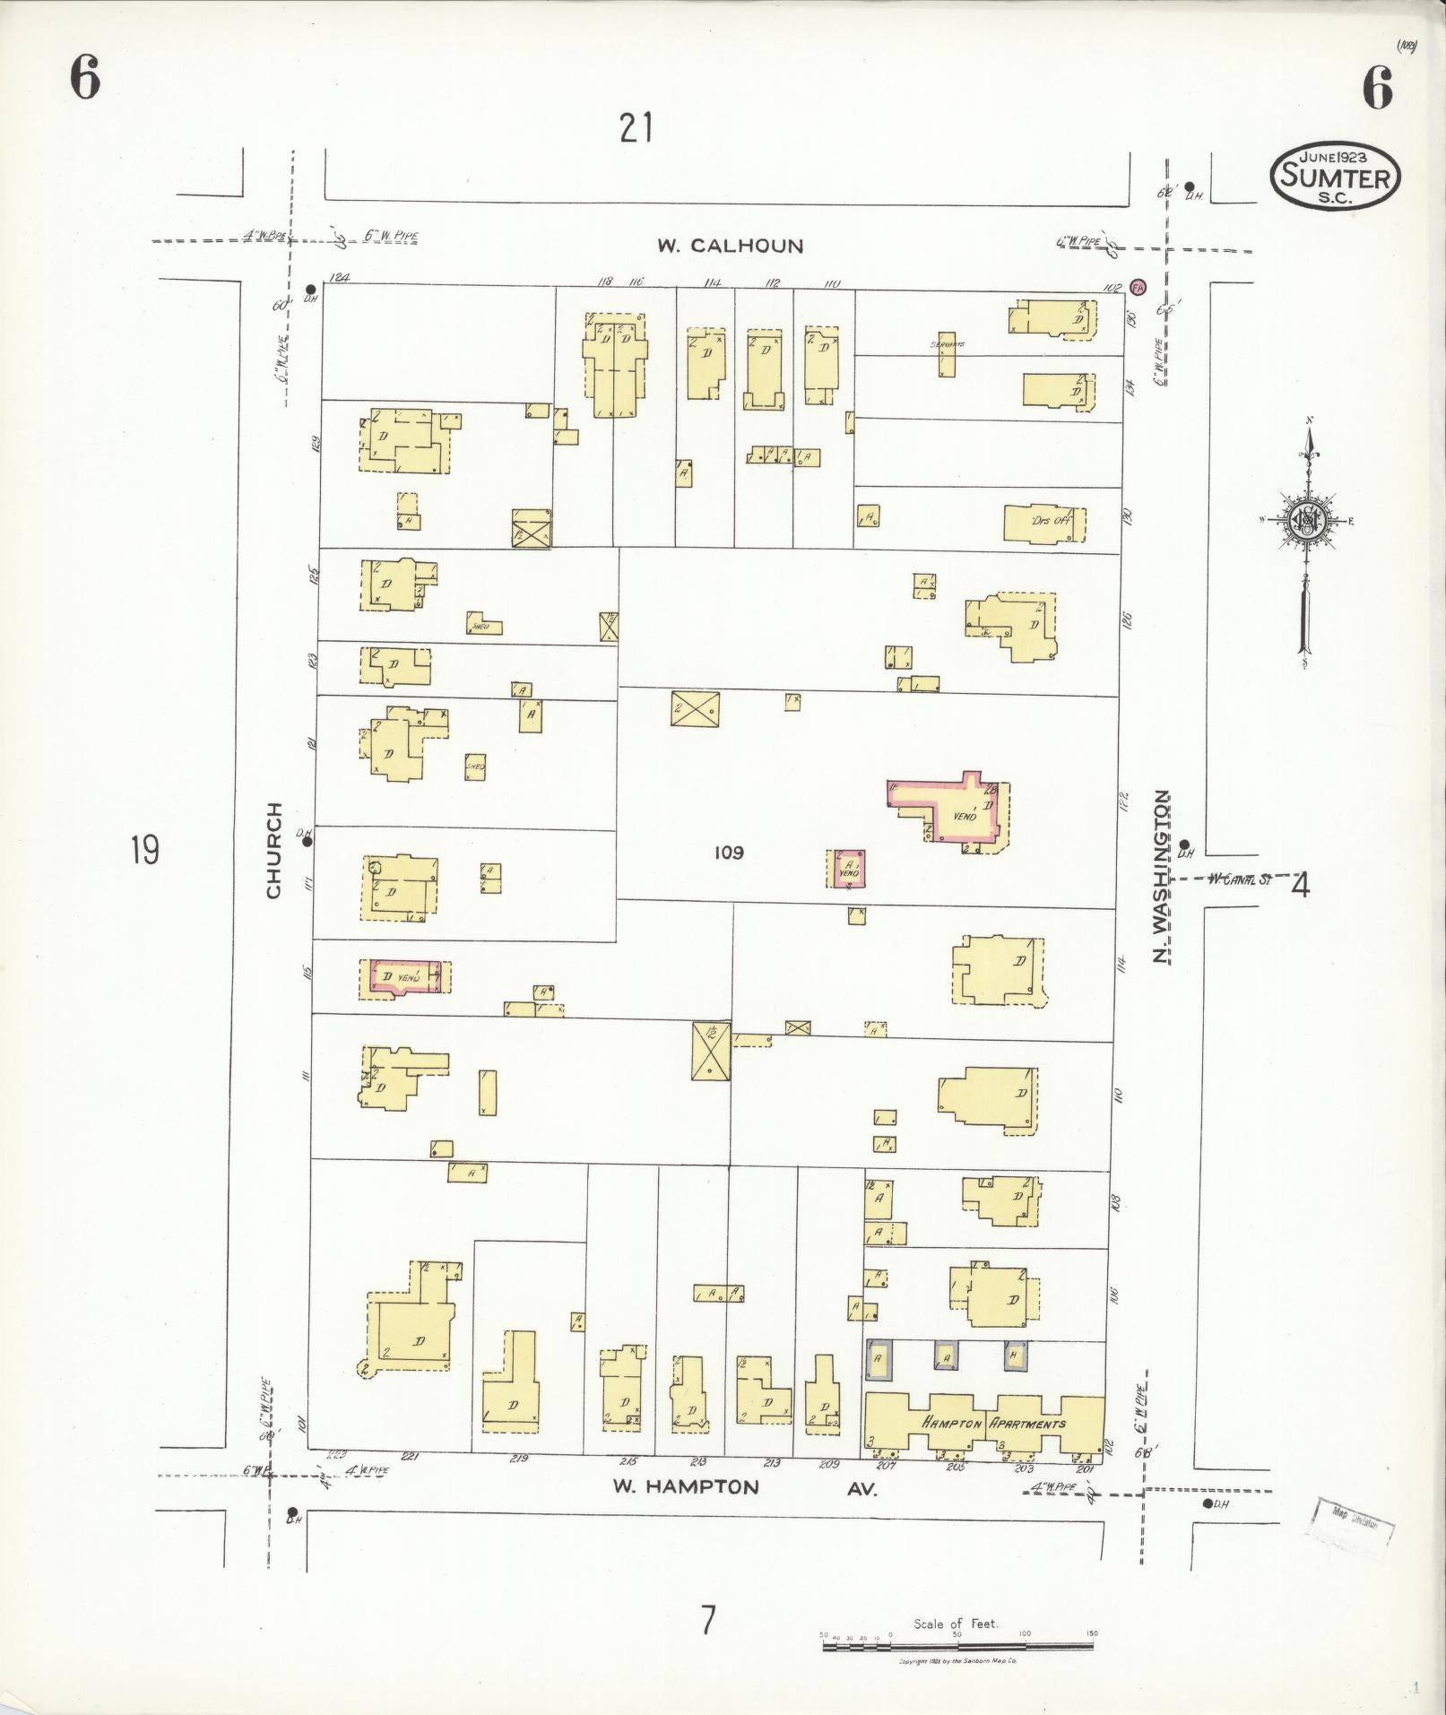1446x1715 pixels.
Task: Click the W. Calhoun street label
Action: click(x=730, y=246)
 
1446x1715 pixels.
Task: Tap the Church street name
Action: click(x=273, y=849)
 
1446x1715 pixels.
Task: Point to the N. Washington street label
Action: click(x=1162, y=876)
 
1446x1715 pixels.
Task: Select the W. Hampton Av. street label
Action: click(x=744, y=1487)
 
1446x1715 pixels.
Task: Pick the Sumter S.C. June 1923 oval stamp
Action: click(x=1335, y=177)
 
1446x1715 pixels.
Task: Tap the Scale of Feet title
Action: click(x=956, y=1624)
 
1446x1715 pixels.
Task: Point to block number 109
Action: click(x=729, y=853)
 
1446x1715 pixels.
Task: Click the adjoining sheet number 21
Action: click(x=636, y=128)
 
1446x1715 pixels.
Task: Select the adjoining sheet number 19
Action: click(x=145, y=849)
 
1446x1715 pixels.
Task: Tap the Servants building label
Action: click(x=947, y=344)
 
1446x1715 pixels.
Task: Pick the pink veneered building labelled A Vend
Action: click(x=847, y=869)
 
